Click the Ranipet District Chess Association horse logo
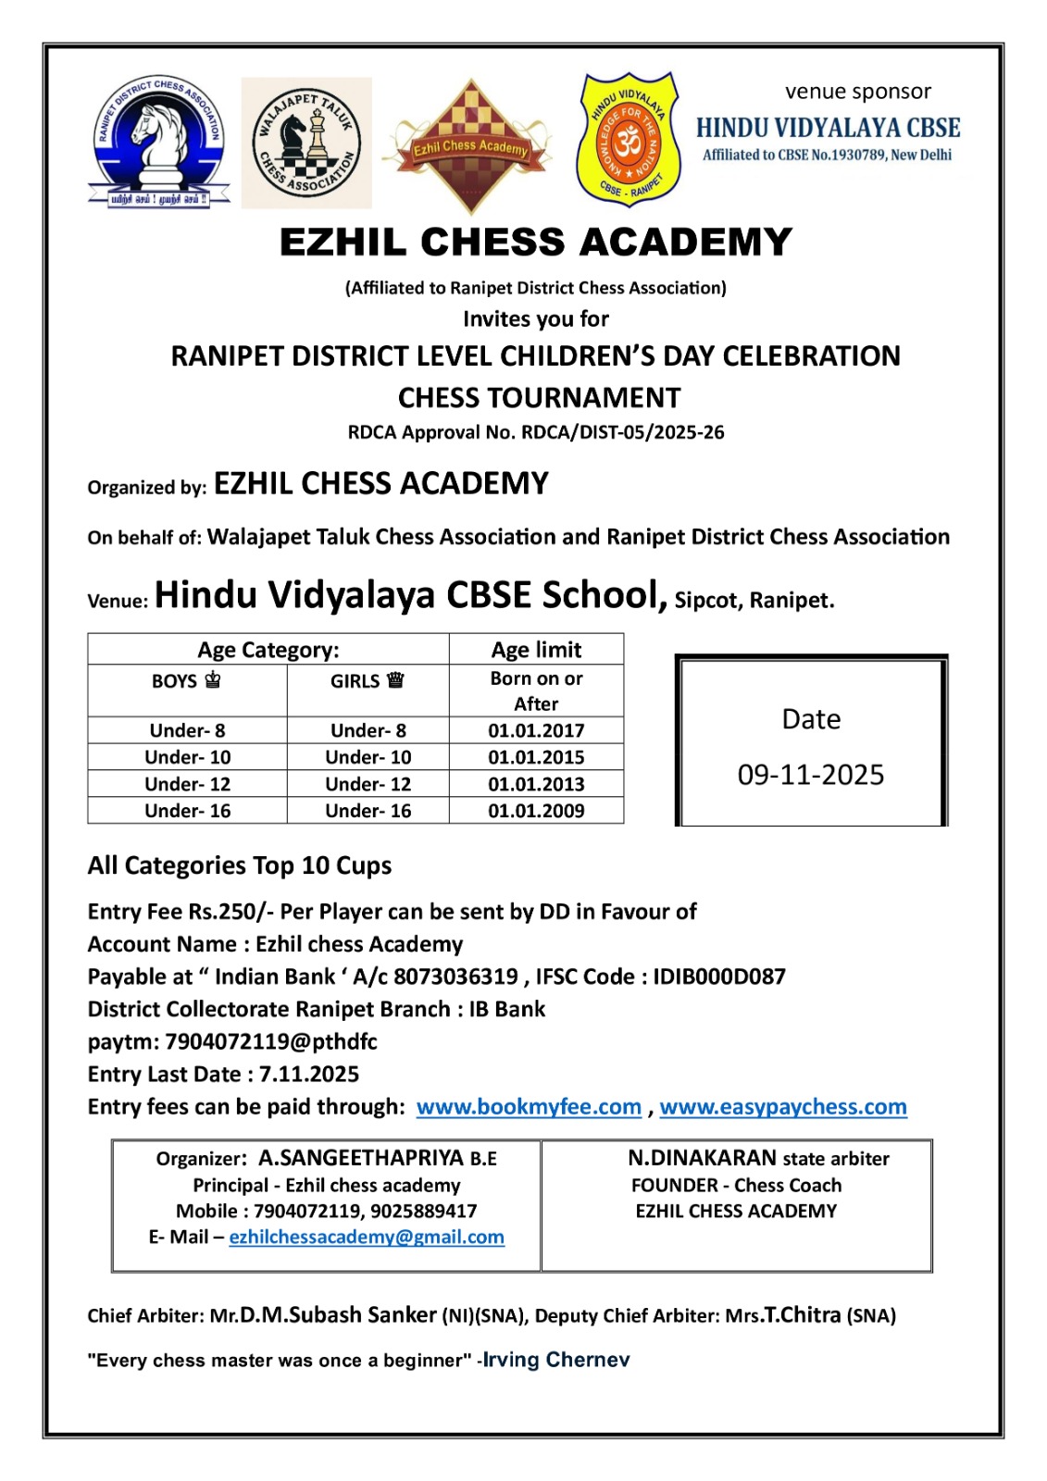tap(158, 141)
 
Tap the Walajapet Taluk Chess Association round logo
tap(306, 143)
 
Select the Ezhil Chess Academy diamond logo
tap(471, 145)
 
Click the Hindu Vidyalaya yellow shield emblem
tap(629, 139)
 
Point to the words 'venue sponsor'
tap(857, 92)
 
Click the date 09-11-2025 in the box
tap(811, 775)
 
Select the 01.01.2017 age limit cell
tap(536, 730)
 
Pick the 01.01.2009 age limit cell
tap(536, 811)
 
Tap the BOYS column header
tap(186, 681)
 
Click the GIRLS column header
tap(368, 681)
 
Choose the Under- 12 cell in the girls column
tap(368, 784)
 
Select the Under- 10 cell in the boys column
tap(187, 757)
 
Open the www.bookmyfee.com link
tap(529, 1107)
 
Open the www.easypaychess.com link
tap(783, 1107)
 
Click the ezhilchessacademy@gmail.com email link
tap(367, 1238)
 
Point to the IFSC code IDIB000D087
tap(719, 977)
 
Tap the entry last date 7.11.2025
tap(309, 1075)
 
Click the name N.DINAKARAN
tap(703, 1159)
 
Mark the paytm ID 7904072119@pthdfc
tap(271, 1042)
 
